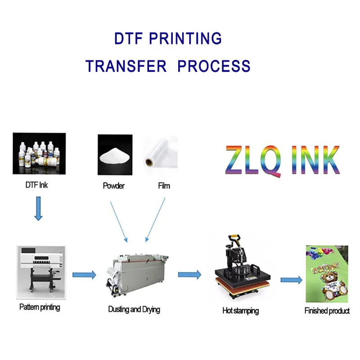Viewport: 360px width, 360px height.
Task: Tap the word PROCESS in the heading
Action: [x=214, y=66]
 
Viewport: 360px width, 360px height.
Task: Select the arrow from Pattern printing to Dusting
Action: [x=84, y=274]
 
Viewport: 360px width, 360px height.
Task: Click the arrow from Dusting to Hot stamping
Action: [x=189, y=274]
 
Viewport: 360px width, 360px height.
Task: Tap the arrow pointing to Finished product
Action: [x=291, y=280]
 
